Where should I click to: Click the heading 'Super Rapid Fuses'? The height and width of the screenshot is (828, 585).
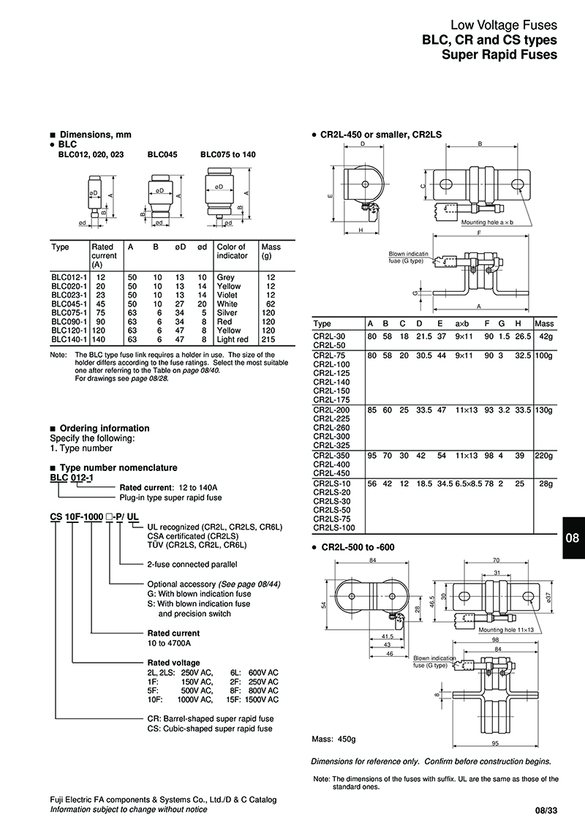tap(504, 55)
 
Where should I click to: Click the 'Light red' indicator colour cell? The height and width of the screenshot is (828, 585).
tap(233, 340)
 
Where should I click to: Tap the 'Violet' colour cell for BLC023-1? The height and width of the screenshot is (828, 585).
tap(227, 295)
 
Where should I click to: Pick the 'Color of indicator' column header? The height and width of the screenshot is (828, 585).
tap(232, 251)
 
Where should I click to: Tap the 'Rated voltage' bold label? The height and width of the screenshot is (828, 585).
tap(173, 663)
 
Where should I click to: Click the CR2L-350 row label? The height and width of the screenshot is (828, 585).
tap(332, 455)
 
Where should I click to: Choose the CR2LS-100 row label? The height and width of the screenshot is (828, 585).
tap(334, 527)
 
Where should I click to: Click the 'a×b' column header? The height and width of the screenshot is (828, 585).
tap(464, 323)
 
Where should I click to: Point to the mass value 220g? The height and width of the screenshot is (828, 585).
tap(545, 455)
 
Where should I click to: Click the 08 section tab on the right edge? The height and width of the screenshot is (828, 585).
tap(573, 538)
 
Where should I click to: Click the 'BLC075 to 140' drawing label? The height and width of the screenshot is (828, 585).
tap(228, 154)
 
